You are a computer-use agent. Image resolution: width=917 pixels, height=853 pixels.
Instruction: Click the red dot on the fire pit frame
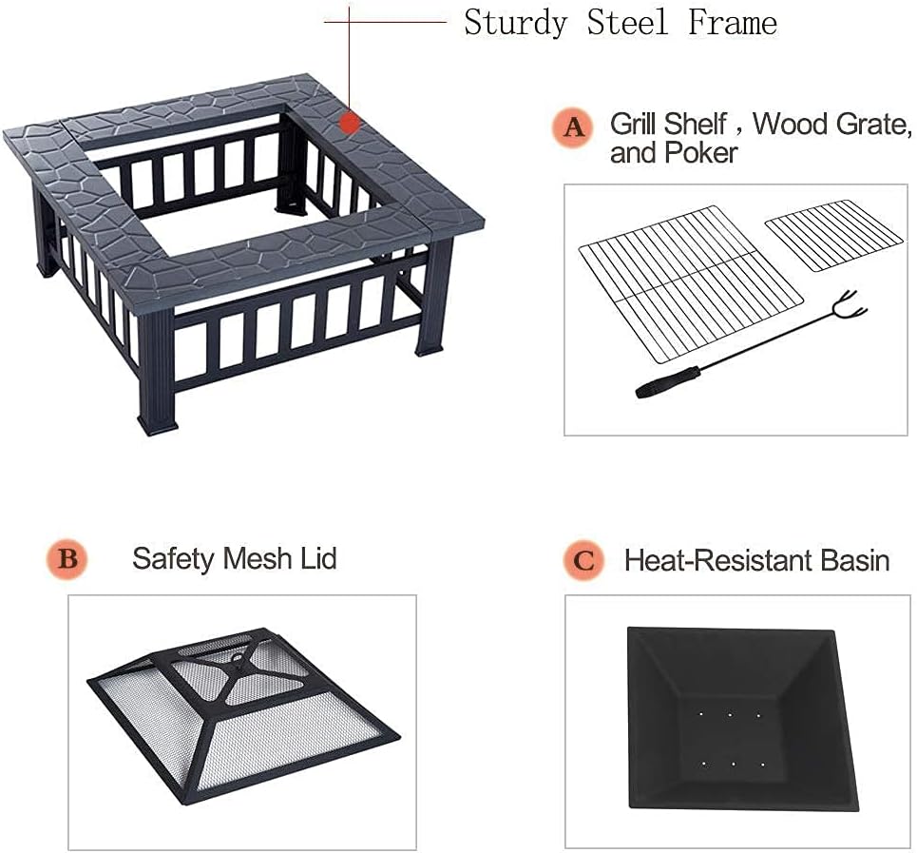[350, 123]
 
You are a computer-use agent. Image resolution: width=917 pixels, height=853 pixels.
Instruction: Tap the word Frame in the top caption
[733, 23]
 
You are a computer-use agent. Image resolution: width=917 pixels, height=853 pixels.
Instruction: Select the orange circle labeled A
[574, 128]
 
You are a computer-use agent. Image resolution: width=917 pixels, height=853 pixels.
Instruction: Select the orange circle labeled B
[67, 559]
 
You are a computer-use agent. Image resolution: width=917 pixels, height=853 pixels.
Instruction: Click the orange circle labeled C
[583, 561]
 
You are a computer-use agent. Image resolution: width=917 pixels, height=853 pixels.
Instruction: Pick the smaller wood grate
[832, 234]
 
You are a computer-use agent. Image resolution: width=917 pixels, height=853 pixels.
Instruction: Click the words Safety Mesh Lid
[234, 558]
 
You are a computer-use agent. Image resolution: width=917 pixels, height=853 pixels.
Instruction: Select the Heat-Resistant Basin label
[756, 560]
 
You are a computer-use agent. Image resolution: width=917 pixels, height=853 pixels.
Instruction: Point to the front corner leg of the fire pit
[157, 374]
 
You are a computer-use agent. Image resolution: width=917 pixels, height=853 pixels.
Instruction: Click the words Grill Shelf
[668, 125]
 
